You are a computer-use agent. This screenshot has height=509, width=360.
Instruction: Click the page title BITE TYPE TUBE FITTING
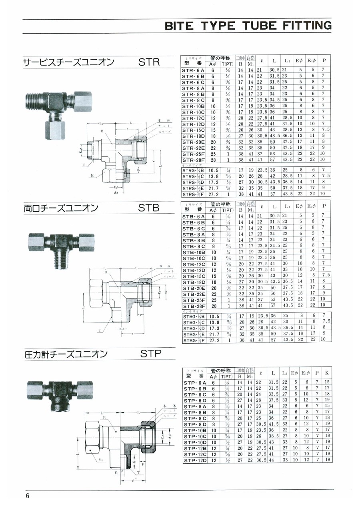coord(248,26)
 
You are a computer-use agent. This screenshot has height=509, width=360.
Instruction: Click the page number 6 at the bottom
coord(28,496)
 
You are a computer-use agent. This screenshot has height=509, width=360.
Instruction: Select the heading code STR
coord(149,62)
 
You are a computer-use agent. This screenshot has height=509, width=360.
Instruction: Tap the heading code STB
coord(149,208)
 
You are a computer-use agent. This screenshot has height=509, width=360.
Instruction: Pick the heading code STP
coord(151,354)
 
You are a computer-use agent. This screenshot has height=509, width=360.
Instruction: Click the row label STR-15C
coord(194,130)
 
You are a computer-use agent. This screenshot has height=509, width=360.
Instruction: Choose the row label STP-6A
coord(195,383)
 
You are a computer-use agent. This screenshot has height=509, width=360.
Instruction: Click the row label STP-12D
coord(195,461)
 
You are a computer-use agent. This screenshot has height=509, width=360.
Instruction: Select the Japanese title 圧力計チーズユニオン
coord(66,354)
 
